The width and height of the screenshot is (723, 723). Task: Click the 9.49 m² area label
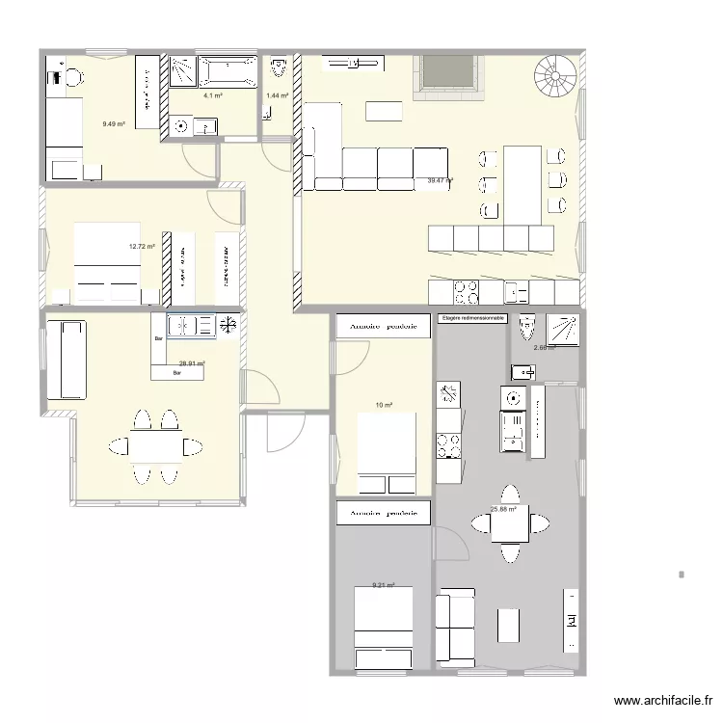tap(114, 123)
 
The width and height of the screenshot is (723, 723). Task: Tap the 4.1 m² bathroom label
tap(212, 96)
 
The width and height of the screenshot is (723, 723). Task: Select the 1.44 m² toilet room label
tap(278, 96)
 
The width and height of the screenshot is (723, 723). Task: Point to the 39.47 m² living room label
tap(441, 180)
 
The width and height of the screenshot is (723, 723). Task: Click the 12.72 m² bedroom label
tap(142, 247)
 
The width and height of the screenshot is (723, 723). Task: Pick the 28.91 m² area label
tap(192, 363)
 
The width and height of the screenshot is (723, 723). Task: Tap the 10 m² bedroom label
tap(384, 406)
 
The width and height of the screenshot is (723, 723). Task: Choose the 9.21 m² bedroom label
tap(384, 584)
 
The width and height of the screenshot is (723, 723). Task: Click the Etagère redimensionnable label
tap(471, 318)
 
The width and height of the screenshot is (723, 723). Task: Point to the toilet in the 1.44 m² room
tap(279, 68)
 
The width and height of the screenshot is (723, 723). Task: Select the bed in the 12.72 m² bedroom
tap(108, 255)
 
